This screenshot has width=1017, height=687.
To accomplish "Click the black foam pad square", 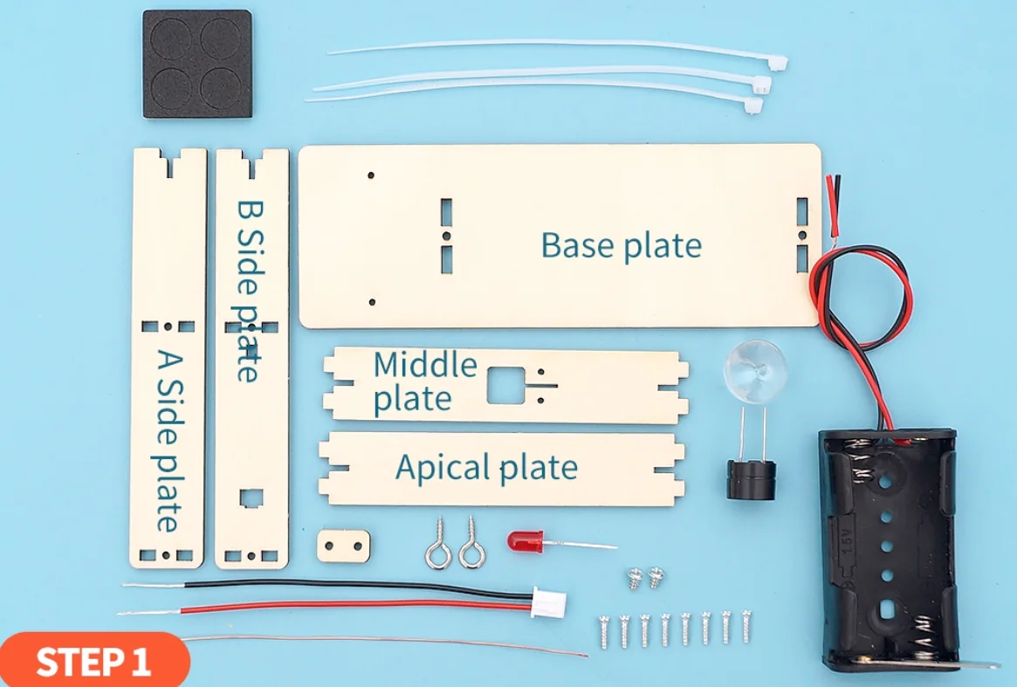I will (x=197, y=64).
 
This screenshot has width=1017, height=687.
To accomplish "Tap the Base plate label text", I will (x=621, y=245).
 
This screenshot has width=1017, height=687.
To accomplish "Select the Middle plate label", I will (x=425, y=381).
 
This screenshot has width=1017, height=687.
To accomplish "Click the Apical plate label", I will (x=486, y=468).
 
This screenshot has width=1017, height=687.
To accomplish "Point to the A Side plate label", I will (x=167, y=440).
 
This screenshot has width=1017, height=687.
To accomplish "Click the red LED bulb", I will (x=524, y=541).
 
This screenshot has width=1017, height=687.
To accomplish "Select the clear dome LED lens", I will (x=755, y=371).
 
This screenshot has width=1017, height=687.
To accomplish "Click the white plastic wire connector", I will (x=549, y=602).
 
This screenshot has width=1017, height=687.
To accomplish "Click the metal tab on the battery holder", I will (x=982, y=663).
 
